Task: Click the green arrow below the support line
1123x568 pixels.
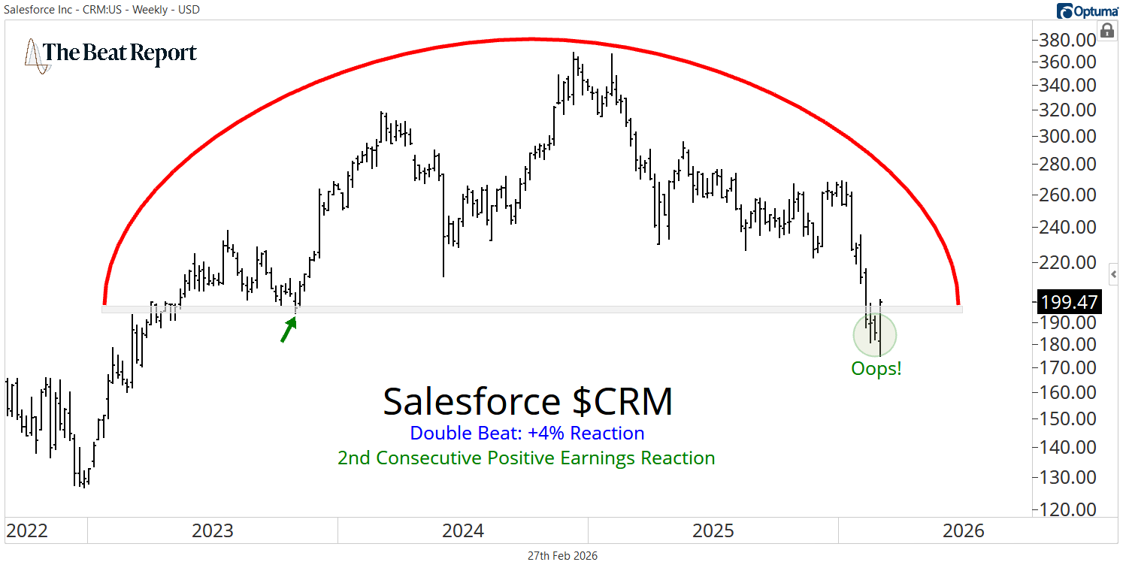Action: click(x=288, y=329)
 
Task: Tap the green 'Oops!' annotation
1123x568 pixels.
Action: click(x=876, y=369)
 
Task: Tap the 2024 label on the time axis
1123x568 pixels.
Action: click(x=462, y=531)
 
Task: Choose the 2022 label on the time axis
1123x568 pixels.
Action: click(x=27, y=531)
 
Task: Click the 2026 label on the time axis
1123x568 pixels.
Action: click(x=963, y=531)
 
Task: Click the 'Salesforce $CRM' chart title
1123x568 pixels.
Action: click(x=528, y=401)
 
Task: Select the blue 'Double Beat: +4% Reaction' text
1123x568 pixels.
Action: click(x=527, y=434)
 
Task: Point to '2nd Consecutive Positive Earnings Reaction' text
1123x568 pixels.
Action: click(x=526, y=458)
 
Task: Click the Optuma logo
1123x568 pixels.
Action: click(x=1087, y=10)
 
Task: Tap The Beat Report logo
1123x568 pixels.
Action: click(x=111, y=53)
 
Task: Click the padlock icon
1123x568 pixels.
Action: click(x=1106, y=30)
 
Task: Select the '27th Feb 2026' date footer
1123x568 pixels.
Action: click(x=561, y=556)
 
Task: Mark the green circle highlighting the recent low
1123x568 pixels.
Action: click(x=875, y=334)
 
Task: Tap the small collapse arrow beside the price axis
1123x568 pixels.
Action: click(x=1113, y=274)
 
